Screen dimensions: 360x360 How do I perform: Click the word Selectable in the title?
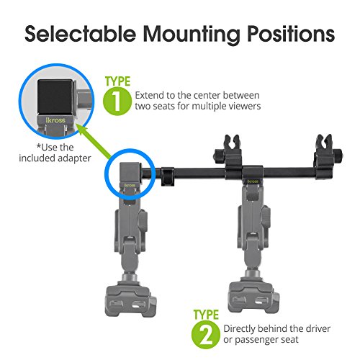click(81, 34)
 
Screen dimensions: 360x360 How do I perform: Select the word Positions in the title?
click(291, 34)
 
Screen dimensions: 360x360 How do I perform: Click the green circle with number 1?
click(117, 101)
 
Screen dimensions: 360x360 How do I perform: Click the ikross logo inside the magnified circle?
click(55, 120)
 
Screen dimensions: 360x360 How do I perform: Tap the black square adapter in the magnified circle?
click(55, 96)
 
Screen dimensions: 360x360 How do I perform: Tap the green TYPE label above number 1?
click(117, 81)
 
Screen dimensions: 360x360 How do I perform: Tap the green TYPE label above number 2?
click(206, 315)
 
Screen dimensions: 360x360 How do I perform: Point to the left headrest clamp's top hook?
click(232, 143)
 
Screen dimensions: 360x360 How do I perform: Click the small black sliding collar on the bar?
click(168, 176)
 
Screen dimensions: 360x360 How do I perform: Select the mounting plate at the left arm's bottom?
click(131, 301)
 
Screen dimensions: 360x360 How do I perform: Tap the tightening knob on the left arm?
click(143, 221)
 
